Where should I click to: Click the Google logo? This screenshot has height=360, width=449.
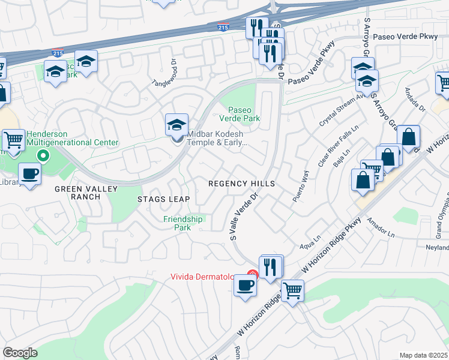point(20,353)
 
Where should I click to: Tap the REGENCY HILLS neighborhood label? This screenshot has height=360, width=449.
point(241,184)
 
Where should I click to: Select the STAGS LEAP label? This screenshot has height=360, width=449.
point(163,199)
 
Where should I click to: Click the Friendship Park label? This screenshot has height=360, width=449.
point(184,223)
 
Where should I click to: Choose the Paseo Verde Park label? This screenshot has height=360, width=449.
point(244,114)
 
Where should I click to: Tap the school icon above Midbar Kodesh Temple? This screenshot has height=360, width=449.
point(176,125)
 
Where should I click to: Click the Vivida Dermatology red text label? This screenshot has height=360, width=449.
point(206,277)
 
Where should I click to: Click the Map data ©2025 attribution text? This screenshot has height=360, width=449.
point(424,355)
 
